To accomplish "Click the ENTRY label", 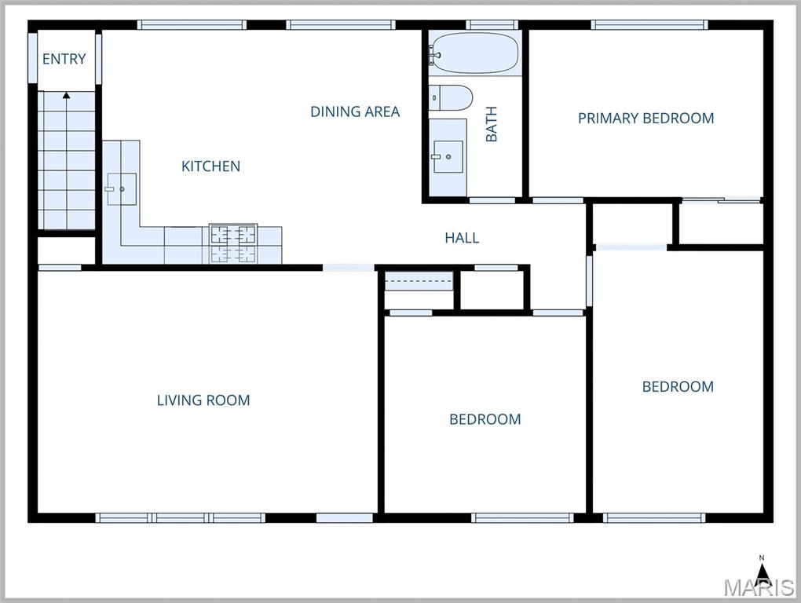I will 64,59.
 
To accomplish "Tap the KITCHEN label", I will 210,166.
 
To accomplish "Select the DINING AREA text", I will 355,111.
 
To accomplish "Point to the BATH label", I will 492,124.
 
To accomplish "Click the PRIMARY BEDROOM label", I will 646,119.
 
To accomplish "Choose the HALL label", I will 462,238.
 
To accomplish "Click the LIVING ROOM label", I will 203,400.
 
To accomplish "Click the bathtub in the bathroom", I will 475,53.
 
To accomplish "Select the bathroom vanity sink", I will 448,156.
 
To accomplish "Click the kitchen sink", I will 121,188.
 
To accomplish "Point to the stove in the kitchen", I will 233,243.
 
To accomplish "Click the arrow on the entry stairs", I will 66,96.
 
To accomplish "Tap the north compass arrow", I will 762,568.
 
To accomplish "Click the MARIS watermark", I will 758,588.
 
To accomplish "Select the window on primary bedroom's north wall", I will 649,25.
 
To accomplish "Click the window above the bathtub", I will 492,25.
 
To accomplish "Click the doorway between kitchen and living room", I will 349,268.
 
